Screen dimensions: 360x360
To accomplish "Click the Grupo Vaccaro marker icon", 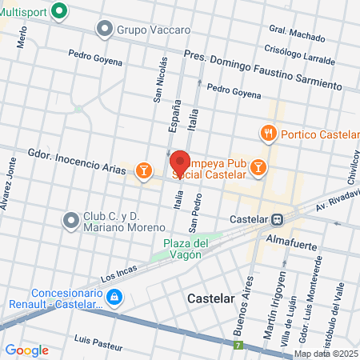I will pos(104,30).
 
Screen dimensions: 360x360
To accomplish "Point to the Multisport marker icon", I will pos(58,11).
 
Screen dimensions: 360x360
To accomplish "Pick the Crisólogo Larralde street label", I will pos(300,52).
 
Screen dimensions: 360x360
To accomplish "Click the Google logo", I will pos(26,350).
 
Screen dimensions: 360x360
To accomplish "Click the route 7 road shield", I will pos(238,346).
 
